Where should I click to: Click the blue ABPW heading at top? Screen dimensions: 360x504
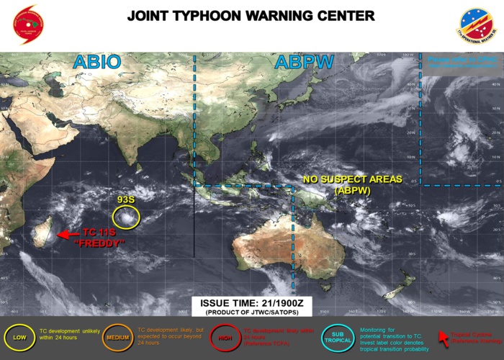pos(303,63)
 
